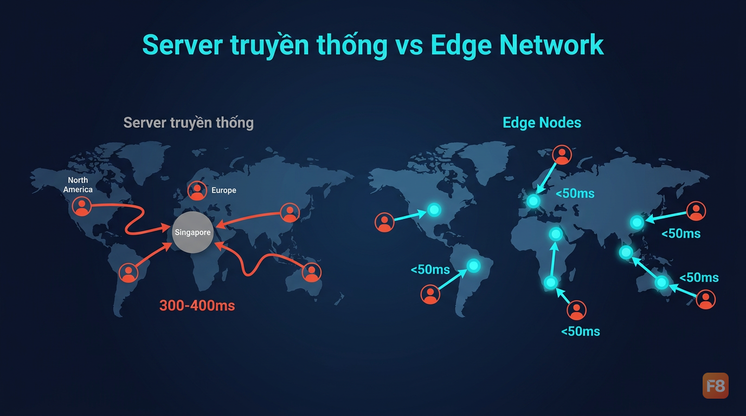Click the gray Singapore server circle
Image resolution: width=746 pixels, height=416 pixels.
pos(192,232)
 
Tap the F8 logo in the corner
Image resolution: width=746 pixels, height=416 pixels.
pos(715,386)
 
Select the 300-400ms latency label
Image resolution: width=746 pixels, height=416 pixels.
pos(197,305)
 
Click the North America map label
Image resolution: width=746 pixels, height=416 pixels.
pos(78,185)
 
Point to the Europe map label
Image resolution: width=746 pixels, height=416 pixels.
pos(224,190)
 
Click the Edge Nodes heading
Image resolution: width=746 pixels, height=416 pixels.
pos(542,122)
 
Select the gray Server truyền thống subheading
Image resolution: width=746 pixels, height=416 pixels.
pos(189,122)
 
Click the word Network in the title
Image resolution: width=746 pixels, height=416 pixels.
pos(551,45)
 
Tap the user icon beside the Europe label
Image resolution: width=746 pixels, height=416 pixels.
pos(197,190)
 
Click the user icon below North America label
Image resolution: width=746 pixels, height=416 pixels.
pos(81,206)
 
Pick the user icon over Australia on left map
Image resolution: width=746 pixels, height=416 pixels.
pos(312,272)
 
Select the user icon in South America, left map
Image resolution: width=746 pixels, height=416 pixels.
pos(128,272)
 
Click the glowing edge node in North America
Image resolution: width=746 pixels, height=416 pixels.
pos(434,210)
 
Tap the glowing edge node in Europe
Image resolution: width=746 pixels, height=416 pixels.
pos(533,200)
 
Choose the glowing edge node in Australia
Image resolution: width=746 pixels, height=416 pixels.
pos(661,283)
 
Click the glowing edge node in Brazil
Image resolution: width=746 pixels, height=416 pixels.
pos(474,265)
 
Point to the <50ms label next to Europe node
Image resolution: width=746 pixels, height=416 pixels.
pos(575,193)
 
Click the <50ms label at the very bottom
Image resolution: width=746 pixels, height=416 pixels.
pos(581,331)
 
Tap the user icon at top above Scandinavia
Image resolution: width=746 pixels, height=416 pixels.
pos(562,155)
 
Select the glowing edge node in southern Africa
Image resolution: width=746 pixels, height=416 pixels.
pos(551,283)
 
